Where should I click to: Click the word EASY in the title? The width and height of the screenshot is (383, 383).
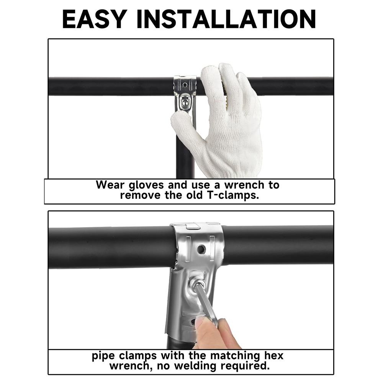[x=95, y=19]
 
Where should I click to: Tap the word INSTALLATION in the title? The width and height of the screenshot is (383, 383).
[x=226, y=19]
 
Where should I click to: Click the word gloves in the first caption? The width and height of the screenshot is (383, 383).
[x=146, y=185]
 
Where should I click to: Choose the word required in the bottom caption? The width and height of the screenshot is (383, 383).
[x=245, y=366]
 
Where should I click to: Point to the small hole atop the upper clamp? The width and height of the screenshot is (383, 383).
[x=185, y=85]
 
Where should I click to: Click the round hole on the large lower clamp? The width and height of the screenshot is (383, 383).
[x=201, y=249]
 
